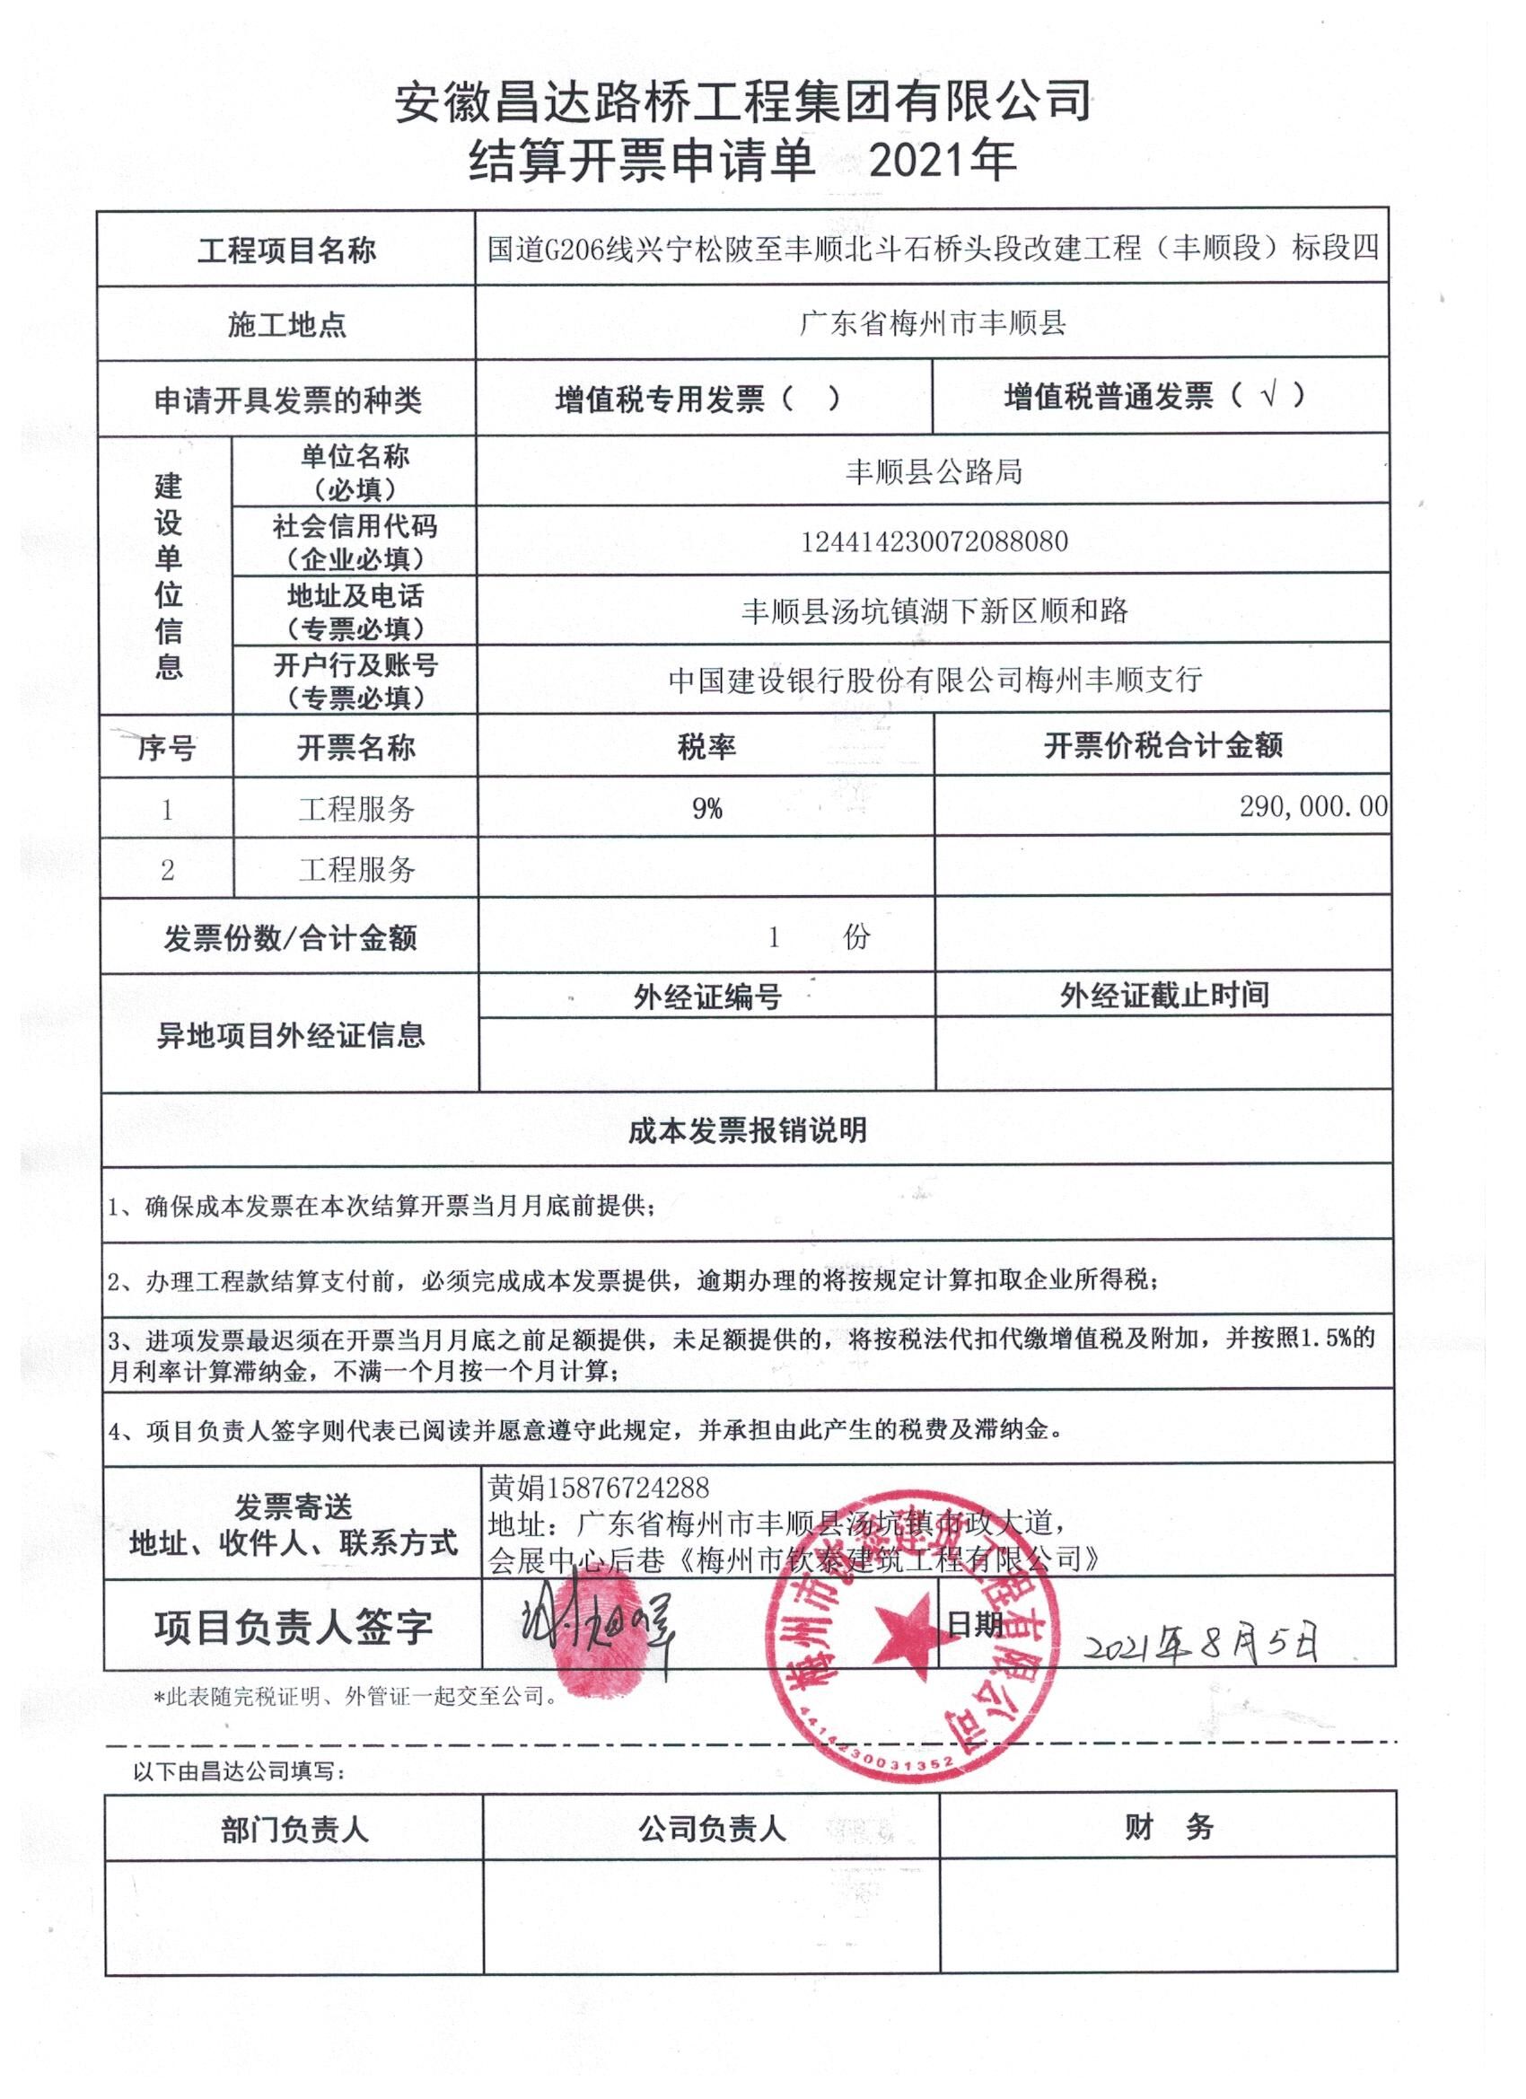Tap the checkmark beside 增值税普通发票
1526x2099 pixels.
tap(1269, 397)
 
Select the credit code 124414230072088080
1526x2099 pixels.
tap(934, 541)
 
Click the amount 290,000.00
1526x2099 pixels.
tap(1313, 807)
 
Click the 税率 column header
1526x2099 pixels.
tap(706, 747)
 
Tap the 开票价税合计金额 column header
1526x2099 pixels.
tap(1162, 746)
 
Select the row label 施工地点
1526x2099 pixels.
tap(287, 325)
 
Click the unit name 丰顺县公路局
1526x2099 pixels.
tap(934, 472)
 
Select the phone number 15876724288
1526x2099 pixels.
tap(628, 1488)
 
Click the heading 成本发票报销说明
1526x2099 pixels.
tap(747, 1130)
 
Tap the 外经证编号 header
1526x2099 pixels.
tap(707, 997)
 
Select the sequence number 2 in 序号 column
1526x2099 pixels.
tap(168, 870)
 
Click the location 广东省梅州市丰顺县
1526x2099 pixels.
tap(933, 323)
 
